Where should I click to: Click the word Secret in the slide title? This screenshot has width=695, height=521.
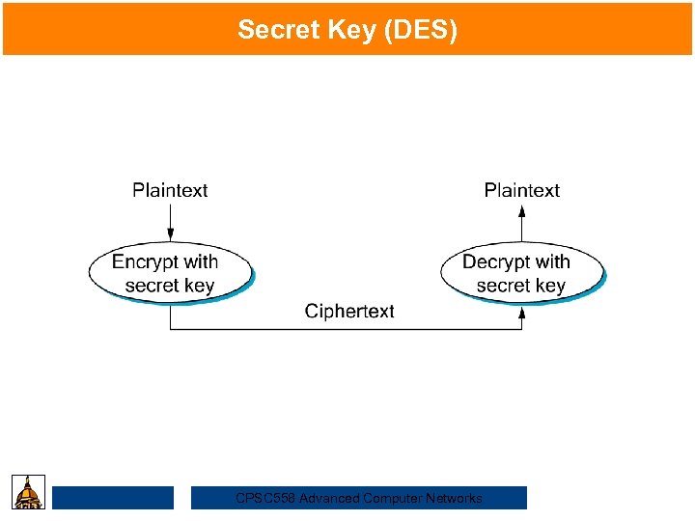272,30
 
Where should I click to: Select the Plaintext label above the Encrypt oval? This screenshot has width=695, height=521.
170,190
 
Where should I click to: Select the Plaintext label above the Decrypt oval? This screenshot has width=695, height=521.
521,190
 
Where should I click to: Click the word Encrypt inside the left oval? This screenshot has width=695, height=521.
145,261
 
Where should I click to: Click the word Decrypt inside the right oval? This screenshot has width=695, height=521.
495,261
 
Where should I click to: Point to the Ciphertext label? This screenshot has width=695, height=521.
349,311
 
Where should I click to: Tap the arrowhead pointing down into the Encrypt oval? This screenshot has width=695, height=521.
171,234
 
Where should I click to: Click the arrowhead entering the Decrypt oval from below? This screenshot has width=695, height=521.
522,313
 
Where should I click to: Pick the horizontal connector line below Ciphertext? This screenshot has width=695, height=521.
347,330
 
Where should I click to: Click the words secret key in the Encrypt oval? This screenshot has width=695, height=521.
170,286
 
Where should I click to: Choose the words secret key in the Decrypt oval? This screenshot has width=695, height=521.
521,286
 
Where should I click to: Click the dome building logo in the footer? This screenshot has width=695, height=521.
29,492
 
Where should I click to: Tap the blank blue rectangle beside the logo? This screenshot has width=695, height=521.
113,498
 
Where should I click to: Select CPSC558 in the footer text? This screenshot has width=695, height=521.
265,499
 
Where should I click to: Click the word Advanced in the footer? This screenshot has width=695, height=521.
327,499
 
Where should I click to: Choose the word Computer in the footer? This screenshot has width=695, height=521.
390,499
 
